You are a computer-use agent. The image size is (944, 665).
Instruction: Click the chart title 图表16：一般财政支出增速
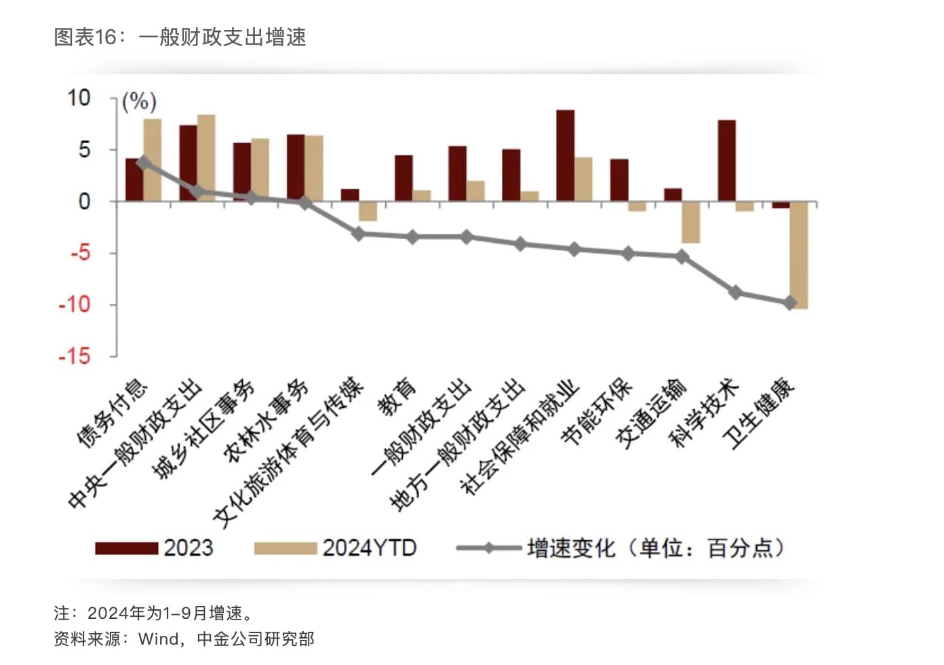pos(180,37)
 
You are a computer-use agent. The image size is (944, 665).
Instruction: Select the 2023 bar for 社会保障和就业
pos(565,155)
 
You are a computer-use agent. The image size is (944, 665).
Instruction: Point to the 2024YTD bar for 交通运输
pos(691,222)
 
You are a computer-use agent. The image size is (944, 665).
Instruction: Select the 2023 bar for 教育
pos(404,178)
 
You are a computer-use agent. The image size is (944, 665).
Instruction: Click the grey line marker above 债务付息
pos(143,162)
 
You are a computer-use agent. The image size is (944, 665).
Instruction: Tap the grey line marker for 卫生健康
pos(790,303)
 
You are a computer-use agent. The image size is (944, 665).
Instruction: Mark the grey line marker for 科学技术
pos(736,292)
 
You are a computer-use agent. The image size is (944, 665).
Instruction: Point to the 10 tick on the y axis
pos(79,98)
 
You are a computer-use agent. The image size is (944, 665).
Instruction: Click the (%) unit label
pos(139,102)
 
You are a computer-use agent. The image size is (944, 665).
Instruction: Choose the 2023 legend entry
pos(154,548)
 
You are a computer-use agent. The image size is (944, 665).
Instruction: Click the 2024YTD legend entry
pos(335,548)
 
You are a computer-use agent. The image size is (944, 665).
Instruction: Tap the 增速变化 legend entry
pos(621,548)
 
